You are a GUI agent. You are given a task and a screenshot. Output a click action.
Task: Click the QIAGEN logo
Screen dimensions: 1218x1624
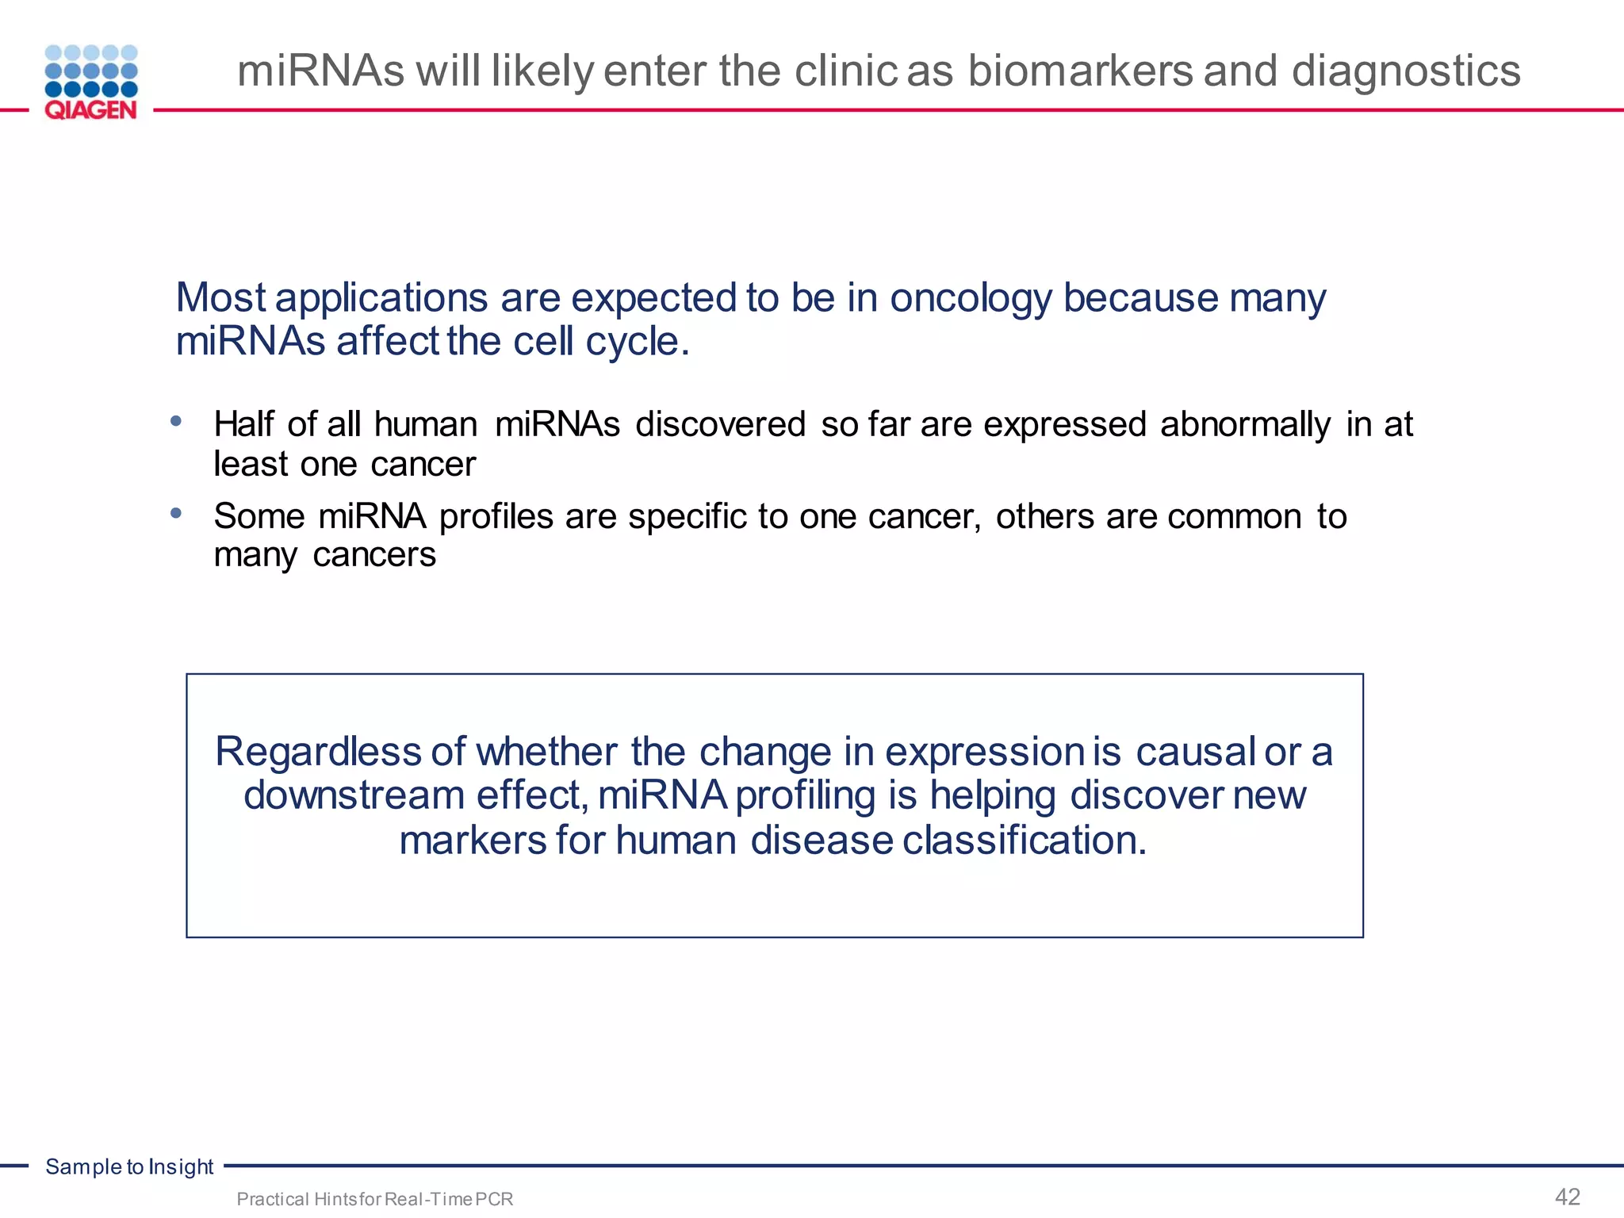point(91,82)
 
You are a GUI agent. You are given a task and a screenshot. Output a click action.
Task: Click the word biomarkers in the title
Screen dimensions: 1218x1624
point(1080,71)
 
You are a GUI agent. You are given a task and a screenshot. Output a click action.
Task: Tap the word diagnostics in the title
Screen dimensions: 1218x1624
point(1406,71)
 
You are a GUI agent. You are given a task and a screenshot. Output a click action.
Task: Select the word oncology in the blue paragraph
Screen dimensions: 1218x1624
point(971,299)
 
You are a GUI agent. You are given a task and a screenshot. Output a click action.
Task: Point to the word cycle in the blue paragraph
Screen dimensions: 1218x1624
point(637,343)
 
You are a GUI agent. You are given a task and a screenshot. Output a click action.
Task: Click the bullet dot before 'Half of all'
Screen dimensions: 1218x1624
point(176,421)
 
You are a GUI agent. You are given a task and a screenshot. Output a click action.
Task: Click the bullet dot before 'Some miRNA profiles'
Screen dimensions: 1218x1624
point(176,513)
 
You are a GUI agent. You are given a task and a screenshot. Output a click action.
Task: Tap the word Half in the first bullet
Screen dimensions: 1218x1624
point(243,424)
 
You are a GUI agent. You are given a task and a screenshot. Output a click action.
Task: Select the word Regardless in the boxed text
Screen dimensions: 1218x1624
point(317,752)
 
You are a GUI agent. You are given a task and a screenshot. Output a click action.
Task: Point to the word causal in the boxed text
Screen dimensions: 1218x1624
point(1195,752)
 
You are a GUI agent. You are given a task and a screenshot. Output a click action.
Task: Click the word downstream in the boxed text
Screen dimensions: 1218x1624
point(354,795)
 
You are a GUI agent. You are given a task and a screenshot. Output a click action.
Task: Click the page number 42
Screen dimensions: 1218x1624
point(1568,1197)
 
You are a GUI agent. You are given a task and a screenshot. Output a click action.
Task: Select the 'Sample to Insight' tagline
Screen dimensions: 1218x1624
point(129,1166)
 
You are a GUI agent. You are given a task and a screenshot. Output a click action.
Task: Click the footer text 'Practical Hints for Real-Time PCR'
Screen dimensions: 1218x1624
point(374,1199)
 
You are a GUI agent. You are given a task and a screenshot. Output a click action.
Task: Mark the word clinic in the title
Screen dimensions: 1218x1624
point(845,71)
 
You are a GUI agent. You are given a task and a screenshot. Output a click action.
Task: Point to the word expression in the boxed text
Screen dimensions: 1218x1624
point(984,752)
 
